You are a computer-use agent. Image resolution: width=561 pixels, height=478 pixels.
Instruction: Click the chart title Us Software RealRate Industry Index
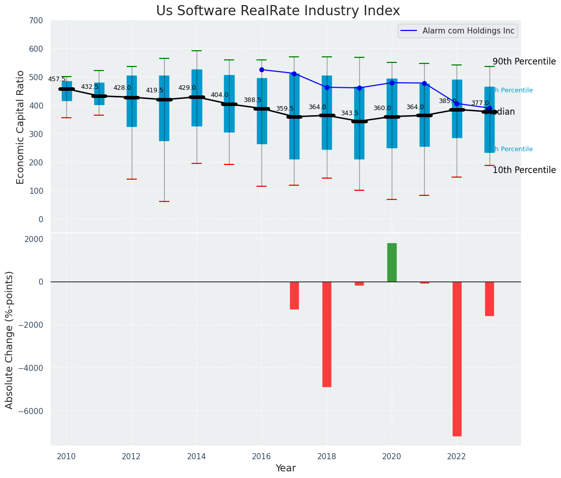pos(278,11)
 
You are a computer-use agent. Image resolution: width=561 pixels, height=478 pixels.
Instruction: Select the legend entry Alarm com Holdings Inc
pos(468,31)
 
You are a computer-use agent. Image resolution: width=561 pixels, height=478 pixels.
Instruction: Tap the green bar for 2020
pos(392,262)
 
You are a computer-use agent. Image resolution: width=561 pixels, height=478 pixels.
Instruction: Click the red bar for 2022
pos(457,358)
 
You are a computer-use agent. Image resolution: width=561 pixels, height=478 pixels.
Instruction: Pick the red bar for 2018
pos(327,334)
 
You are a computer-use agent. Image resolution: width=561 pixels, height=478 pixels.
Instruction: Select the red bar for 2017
pos(294,295)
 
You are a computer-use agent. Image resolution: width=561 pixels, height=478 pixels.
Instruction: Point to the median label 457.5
pos(57,79)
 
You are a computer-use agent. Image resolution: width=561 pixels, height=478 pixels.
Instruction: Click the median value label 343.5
pos(350,113)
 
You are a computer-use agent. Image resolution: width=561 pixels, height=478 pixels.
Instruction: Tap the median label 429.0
pos(187,88)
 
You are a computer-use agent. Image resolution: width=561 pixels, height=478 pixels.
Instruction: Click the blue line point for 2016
pos(261,70)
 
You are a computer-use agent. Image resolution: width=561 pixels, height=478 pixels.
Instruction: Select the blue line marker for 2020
pos(392,83)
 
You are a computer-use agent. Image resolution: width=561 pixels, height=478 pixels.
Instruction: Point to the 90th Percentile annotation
pos(524,61)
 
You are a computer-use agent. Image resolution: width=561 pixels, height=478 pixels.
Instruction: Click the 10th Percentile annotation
pos(524,170)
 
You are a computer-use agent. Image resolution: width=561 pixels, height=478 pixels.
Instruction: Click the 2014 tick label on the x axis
pos(197,457)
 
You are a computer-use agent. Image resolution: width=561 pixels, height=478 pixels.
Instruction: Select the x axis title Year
pos(286,468)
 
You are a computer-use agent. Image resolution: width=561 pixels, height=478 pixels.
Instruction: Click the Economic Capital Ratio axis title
pos(21,127)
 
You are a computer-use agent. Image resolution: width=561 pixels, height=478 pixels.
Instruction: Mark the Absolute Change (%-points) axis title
pos(10,339)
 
